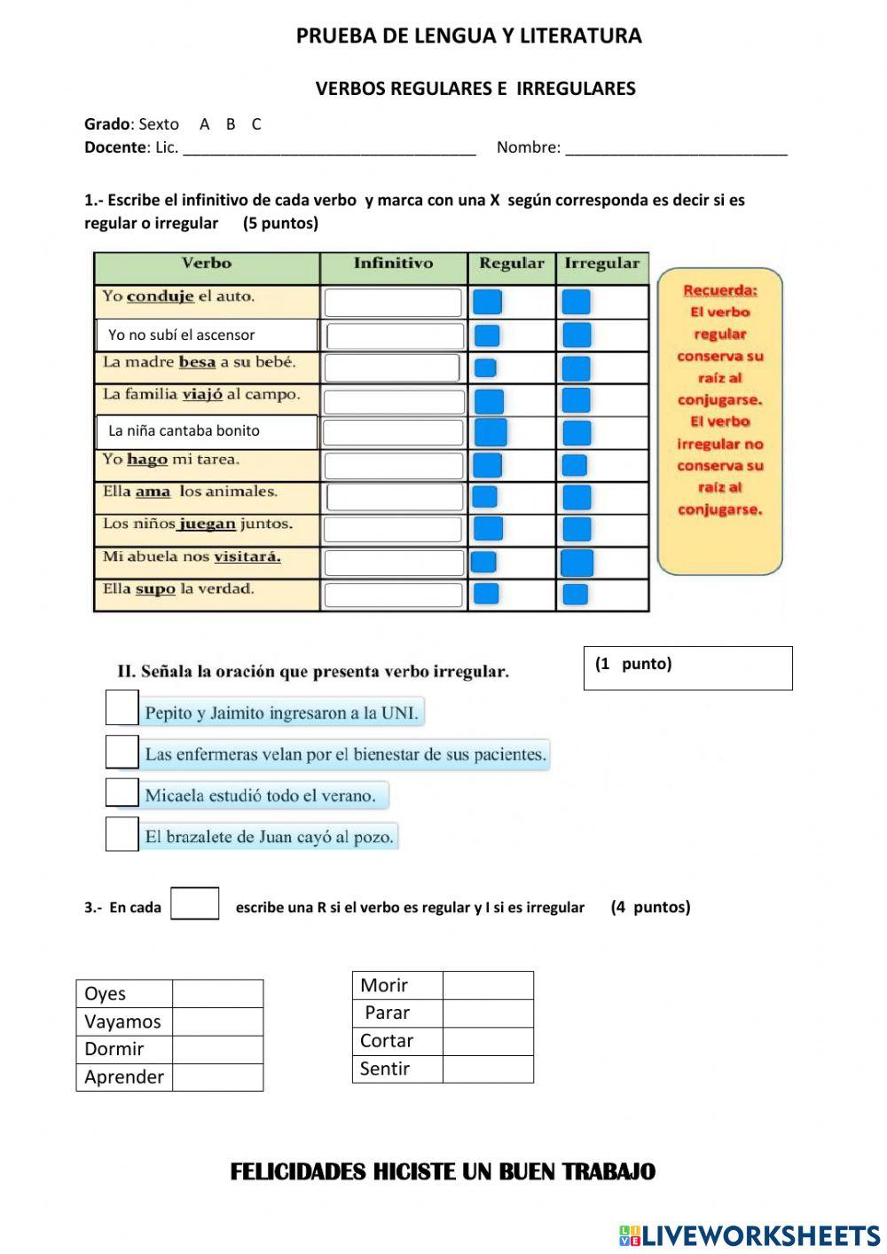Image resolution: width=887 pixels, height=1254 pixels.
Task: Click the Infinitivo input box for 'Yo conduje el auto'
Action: (393, 303)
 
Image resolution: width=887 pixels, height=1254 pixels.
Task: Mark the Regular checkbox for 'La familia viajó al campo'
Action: (489, 401)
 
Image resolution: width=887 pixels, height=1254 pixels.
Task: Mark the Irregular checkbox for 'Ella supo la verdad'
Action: (576, 594)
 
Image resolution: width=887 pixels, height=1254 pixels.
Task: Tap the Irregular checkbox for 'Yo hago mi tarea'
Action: (575, 465)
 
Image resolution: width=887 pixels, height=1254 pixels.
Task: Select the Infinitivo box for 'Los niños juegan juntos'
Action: (393, 530)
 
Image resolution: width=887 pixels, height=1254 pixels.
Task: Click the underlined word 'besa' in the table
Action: (197, 362)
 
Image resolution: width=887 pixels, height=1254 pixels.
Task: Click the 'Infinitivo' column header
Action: (393, 264)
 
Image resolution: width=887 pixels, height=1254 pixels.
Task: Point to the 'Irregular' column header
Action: (601, 264)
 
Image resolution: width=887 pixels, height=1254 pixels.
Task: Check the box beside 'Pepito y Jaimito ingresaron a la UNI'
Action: (122, 708)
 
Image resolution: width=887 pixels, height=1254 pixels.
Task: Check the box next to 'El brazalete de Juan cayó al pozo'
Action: (122, 834)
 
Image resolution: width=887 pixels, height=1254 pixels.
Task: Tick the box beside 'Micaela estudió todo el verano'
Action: (122, 793)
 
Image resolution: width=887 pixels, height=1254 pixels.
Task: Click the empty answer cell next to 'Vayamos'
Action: (217, 1021)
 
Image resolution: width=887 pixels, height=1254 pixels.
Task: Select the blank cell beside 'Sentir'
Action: (488, 1069)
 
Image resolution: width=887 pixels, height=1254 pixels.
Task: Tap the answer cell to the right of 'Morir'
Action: (488, 985)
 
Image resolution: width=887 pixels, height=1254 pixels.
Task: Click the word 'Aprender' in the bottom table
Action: (124, 1077)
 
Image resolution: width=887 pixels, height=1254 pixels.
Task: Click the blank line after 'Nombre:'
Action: (676, 148)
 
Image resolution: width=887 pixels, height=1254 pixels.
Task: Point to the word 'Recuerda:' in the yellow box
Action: (720, 290)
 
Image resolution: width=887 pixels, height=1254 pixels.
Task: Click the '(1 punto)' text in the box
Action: (633, 664)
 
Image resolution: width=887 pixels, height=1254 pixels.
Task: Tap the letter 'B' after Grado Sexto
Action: (231, 124)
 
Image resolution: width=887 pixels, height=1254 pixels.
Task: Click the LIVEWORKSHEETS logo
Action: (750, 1235)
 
